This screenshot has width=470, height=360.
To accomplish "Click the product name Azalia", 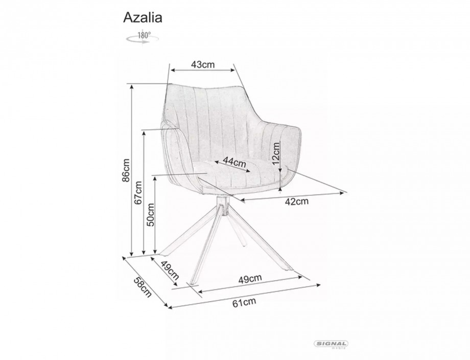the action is (143, 18).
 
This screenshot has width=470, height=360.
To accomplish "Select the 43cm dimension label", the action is (203, 64).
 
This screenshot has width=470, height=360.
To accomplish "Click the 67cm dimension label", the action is (138, 193).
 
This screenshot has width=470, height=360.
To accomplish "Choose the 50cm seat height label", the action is (150, 214).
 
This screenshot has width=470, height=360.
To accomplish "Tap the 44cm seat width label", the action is (234, 163).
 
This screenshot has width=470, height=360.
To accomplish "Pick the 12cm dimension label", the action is (276, 153).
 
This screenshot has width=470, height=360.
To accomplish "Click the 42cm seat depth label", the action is (296, 201).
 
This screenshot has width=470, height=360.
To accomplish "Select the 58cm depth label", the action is (143, 287).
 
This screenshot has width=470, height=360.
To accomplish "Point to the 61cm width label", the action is (244, 302).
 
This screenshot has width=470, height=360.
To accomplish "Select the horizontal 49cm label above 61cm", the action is (250, 279).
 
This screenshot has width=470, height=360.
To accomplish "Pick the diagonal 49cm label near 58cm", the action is (170, 269).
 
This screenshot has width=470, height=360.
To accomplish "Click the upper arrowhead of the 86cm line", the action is (131, 87).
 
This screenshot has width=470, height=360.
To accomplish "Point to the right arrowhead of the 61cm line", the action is (318, 285).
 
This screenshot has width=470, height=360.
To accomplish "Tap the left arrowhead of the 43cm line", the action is (173, 70).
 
